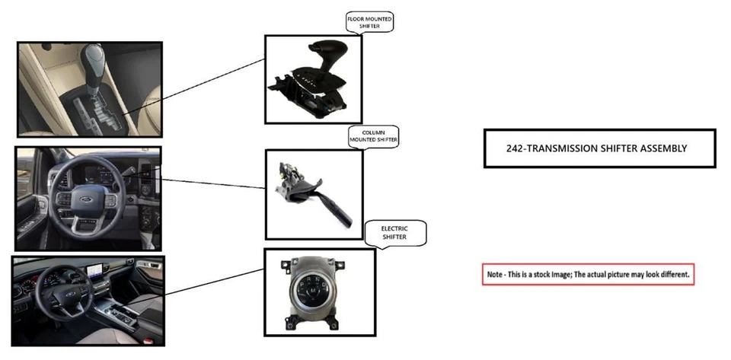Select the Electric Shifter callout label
click(394, 232)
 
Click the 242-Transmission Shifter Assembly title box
click(599, 148)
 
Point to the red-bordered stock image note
click(588, 274)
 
